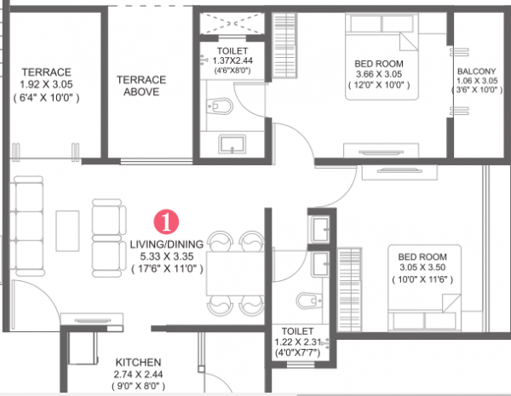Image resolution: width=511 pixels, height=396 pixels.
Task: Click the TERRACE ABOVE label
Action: tap(141, 85)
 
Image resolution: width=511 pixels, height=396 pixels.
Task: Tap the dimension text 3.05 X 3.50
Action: tap(423, 266)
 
